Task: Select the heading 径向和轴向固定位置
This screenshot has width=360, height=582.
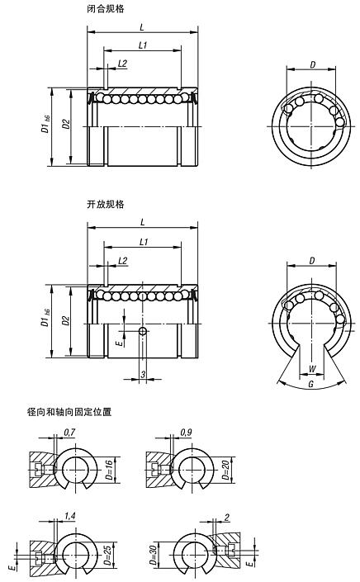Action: click(57, 410)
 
